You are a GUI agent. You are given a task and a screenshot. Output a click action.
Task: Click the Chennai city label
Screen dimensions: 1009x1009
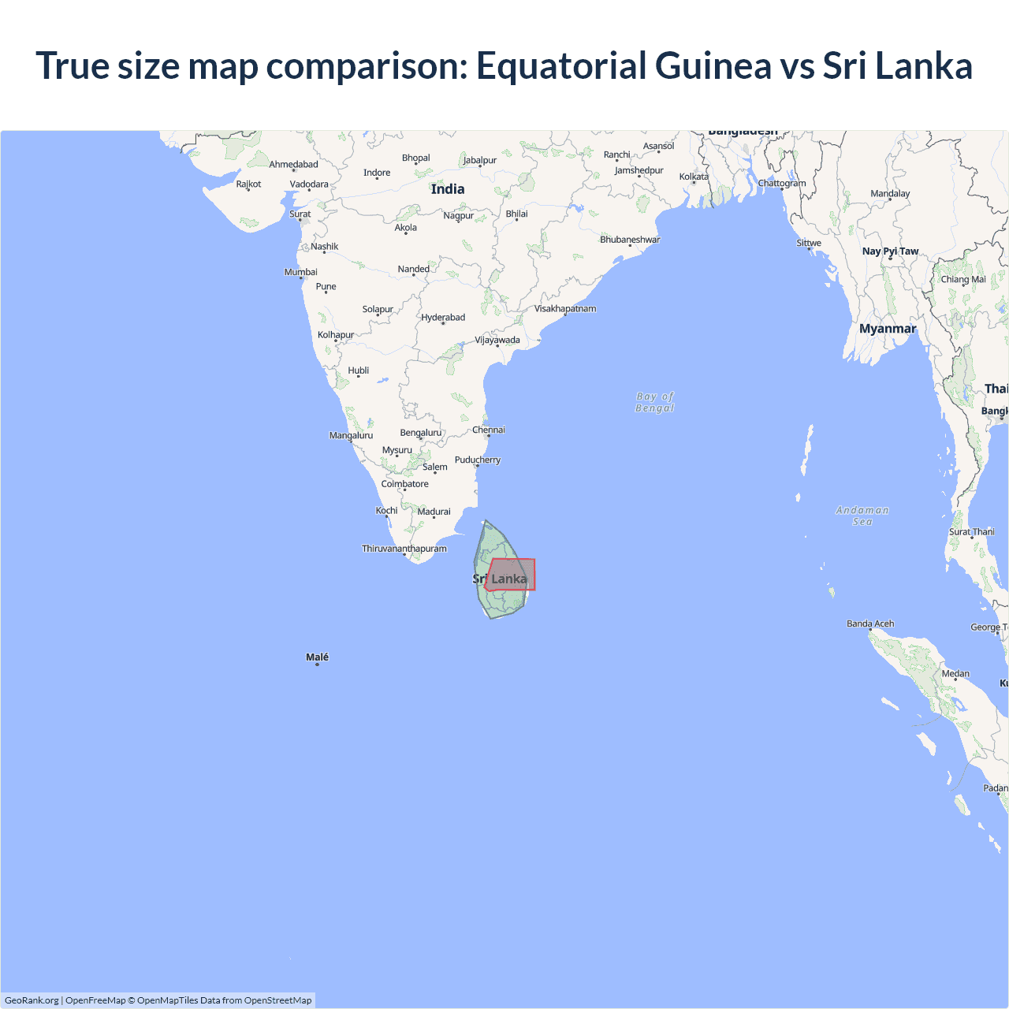pos(489,430)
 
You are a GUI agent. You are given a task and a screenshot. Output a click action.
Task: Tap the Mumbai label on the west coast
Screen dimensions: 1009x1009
pos(301,272)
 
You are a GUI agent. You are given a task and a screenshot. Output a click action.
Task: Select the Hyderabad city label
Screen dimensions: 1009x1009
pos(443,318)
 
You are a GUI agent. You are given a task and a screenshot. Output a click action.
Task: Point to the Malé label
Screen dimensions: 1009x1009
pos(317,657)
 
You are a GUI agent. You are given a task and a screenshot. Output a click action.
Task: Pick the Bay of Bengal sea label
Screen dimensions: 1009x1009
pos(655,402)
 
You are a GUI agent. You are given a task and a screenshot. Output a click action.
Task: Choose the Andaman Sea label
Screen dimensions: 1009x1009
pos(862,516)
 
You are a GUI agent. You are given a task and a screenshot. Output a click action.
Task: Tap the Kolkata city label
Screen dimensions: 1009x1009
pos(694,177)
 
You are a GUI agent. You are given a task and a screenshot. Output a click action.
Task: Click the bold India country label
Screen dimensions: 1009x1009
pos(448,189)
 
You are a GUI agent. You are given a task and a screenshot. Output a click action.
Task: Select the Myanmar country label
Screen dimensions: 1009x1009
pos(888,329)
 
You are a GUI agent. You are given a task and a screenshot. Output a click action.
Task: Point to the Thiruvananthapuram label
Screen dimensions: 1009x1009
pos(404,549)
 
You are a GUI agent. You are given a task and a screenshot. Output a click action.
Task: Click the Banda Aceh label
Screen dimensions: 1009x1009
pos(870,624)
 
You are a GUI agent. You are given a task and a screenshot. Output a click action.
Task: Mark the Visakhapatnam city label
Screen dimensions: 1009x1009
pos(565,308)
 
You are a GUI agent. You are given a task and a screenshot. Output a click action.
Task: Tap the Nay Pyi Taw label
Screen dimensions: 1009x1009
pos(890,251)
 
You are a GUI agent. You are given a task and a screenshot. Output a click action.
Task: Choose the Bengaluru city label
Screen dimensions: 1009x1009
pos(421,433)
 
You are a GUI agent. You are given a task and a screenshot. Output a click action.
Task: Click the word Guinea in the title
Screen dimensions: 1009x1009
pos(713,65)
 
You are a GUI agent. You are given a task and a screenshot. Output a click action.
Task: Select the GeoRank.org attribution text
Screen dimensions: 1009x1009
pos(32,1000)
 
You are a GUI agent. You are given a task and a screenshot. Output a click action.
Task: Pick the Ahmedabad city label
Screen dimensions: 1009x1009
pos(293,165)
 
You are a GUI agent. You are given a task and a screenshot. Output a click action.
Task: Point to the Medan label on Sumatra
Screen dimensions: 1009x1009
pos(955,674)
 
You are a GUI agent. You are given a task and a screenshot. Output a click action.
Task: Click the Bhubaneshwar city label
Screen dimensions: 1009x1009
pos(630,240)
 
